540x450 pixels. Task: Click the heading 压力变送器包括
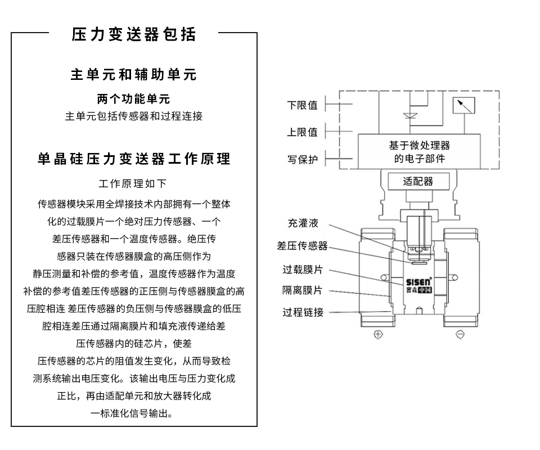coord(134,35)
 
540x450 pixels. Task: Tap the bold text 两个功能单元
coord(134,100)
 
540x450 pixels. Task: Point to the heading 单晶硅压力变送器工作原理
coord(134,159)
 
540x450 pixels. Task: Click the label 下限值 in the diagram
coord(302,105)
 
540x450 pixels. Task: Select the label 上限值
coord(302,132)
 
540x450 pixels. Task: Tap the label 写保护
coord(302,159)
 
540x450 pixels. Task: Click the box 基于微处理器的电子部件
coord(419,152)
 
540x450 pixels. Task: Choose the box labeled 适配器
coord(418,182)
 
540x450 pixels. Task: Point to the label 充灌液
coord(303,223)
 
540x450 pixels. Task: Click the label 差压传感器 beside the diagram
coord(302,246)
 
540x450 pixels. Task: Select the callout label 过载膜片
coord(303,269)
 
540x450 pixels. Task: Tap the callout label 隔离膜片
coord(303,290)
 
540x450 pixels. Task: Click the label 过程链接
coord(303,312)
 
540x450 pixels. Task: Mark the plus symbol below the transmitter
coord(378,335)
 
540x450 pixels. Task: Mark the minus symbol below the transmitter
coord(460,335)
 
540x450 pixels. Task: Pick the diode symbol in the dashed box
coord(409,116)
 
